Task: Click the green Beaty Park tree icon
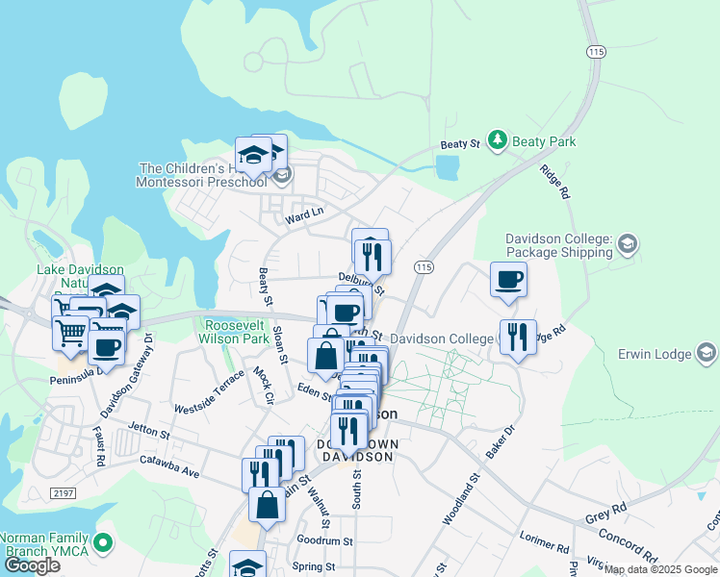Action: (498, 141)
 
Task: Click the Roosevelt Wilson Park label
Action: (234, 332)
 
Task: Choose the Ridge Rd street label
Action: (554, 183)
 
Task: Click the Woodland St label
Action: (461, 497)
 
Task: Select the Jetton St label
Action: (147, 435)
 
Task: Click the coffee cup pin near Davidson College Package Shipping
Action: (508, 280)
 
